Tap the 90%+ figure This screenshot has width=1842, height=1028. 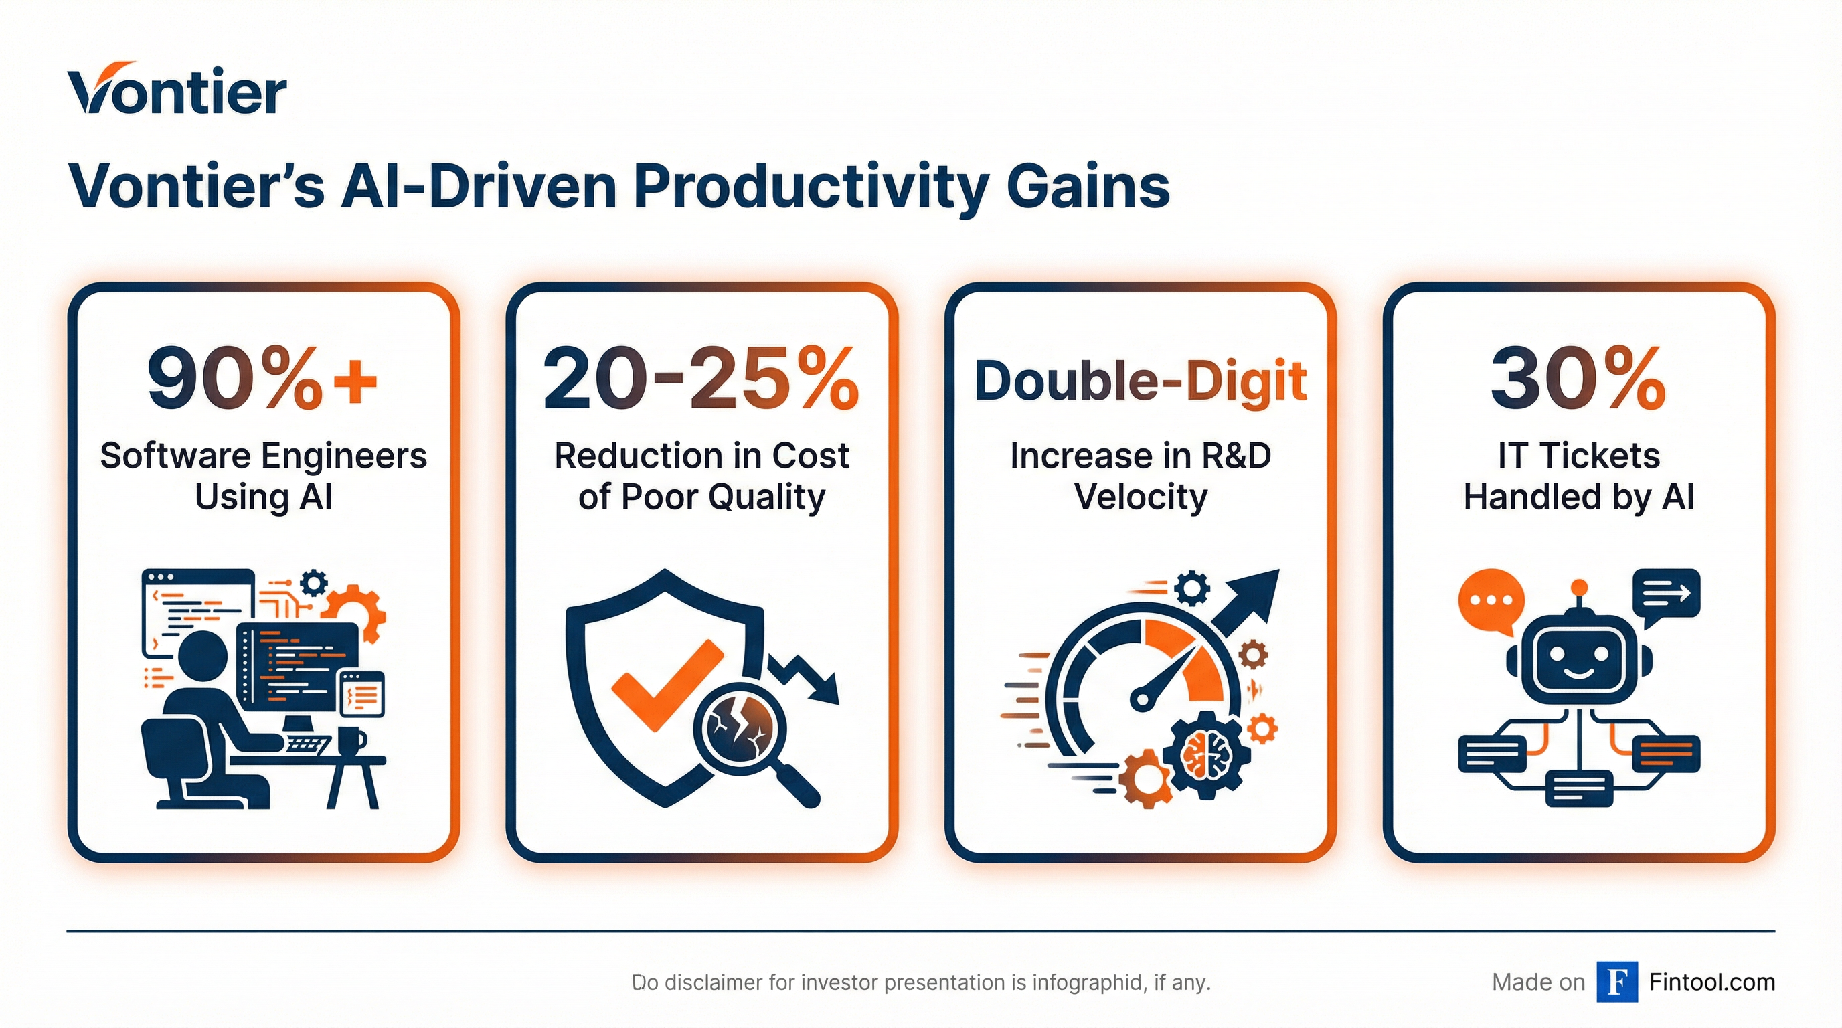coord(262,379)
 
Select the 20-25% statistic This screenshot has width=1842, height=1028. coord(701,379)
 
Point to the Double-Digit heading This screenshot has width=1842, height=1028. coord(1140,380)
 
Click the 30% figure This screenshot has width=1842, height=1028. coord(1578,379)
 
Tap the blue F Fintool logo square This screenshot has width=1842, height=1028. coord(1618,982)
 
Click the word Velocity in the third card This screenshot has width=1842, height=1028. coord(1140,496)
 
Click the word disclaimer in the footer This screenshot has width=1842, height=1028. coord(713,983)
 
